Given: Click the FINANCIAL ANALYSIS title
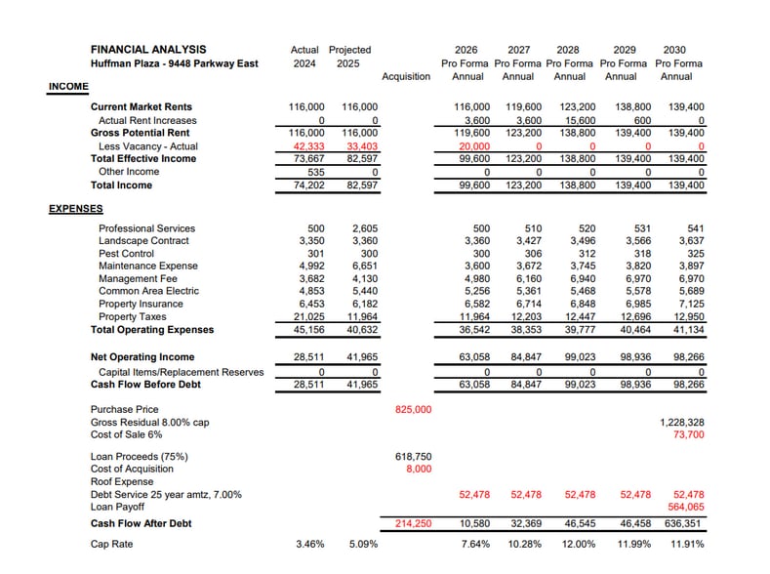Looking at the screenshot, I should coord(148,50).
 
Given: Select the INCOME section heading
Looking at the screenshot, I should coord(68,87).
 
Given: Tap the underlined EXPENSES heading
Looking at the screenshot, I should coord(75,208).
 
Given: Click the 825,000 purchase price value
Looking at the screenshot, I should coord(413,410).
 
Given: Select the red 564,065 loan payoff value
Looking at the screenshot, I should coord(685,507).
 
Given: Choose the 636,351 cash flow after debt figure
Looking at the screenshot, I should coord(685,523).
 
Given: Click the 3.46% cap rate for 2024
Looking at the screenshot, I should coord(309,544).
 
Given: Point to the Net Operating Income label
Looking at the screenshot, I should coord(142,357).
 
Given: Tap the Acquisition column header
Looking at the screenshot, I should coord(406,76).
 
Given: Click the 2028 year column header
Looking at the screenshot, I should coord(567,50).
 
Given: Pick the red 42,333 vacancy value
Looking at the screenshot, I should coord(309,146).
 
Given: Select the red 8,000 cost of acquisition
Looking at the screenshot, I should coord(417,469).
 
